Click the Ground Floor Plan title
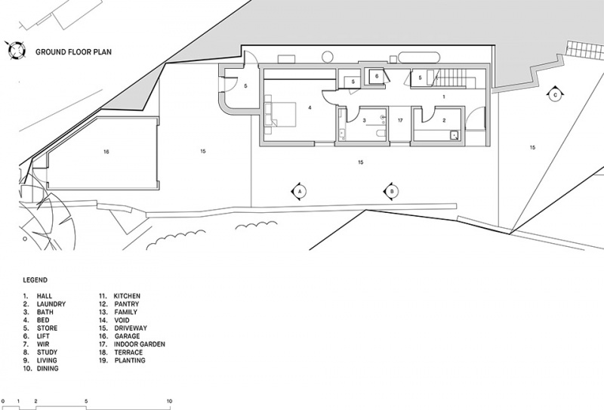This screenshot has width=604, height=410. pyautogui.click(x=73, y=52)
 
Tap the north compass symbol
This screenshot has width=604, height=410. pyautogui.click(x=16, y=51)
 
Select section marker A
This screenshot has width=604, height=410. pyautogui.click(x=299, y=191)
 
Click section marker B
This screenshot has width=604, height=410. pyautogui.click(x=392, y=191)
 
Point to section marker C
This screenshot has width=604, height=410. pyautogui.click(x=555, y=94)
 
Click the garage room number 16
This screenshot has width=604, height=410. pyautogui.click(x=106, y=152)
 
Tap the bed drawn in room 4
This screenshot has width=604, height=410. pyautogui.click(x=280, y=115)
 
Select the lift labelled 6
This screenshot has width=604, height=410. pyautogui.click(x=376, y=76)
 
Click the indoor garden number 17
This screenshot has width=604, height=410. pyautogui.click(x=400, y=121)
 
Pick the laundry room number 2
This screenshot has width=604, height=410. pyautogui.click(x=444, y=121)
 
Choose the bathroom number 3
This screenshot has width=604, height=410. pyautogui.click(x=365, y=121)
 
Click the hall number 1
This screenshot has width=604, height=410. pyautogui.click(x=444, y=97)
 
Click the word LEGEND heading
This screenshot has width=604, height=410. pyautogui.click(x=35, y=280)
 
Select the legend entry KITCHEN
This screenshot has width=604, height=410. pyautogui.click(x=127, y=296)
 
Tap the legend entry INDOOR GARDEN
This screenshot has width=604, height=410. pyautogui.click(x=140, y=344)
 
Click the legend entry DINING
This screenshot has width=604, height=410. pyautogui.click(x=48, y=368)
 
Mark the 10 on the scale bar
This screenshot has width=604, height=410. pyautogui.click(x=169, y=401)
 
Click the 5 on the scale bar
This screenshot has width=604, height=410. pyautogui.click(x=86, y=401)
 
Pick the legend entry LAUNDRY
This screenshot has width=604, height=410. pyautogui.click(x=51, y=304)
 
